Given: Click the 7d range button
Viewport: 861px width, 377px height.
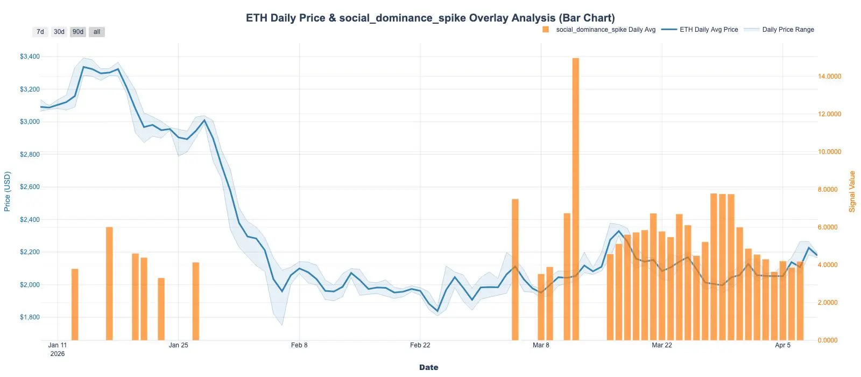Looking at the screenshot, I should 40,32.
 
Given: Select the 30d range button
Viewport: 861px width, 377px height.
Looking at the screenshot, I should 59,32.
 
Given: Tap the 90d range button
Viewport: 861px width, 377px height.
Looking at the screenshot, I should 78,32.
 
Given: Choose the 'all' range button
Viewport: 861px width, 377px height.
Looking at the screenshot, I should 97,32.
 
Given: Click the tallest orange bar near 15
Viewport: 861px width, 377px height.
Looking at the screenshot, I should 575,199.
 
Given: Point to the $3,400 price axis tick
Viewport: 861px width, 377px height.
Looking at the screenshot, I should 30,57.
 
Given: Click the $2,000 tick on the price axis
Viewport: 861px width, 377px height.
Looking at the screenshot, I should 30,285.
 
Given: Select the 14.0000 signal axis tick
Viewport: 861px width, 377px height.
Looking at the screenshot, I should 829,76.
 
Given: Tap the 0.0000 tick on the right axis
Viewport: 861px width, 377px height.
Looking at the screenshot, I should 829,340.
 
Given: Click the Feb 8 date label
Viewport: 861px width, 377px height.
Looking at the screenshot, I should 299,345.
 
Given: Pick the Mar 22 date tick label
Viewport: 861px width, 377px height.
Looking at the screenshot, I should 661,345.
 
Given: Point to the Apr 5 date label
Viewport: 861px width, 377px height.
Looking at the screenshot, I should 782,345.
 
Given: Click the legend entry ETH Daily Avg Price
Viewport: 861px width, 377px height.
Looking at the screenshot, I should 709,30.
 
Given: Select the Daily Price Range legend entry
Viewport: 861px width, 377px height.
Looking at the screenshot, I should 788,30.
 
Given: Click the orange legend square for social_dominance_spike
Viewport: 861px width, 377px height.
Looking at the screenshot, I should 546,30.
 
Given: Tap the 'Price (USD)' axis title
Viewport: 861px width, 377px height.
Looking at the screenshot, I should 7,191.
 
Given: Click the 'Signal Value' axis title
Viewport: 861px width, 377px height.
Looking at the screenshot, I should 852,191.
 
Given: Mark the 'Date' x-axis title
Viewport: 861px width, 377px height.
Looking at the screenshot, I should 429,367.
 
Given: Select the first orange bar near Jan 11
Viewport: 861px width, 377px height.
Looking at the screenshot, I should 75,304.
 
